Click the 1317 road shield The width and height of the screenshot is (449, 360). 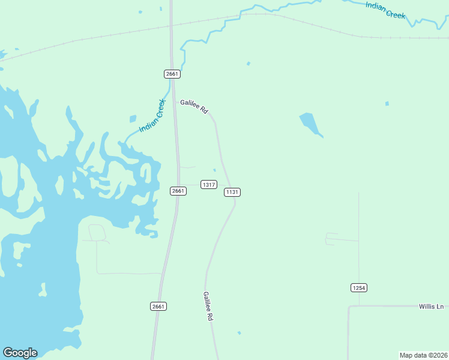(x=209, y=185)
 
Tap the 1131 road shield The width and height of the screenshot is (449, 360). (x=232, y=192)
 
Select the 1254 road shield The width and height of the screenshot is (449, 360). (x=358, y=288)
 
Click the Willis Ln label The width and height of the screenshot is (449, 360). (x=430, y=307)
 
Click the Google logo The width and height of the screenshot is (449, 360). (x=20, y=353)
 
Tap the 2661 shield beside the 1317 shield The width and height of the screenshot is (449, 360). (x=178, y=191)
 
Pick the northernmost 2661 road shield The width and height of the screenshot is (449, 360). (x=172, y=74)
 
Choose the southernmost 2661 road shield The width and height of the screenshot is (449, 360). (x=158, y=306)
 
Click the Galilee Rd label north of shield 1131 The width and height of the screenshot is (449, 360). (x=194, y=106)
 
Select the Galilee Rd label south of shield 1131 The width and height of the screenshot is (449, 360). (x=208, y=307)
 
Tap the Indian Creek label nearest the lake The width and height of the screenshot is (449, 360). (x=151, y=116)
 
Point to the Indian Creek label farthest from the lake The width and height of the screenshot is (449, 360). (x=385, y=10)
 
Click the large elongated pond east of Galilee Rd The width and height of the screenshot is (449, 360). (x=310, y=124)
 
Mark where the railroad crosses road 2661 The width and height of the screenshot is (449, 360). (x=171, y=26)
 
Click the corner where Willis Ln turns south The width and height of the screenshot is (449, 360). (x=349, y=307)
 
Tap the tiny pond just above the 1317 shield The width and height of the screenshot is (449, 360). (x=214, y=170)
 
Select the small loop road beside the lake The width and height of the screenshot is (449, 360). (x=96, y=232)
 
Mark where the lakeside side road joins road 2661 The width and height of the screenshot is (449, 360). (x=162, y=274)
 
